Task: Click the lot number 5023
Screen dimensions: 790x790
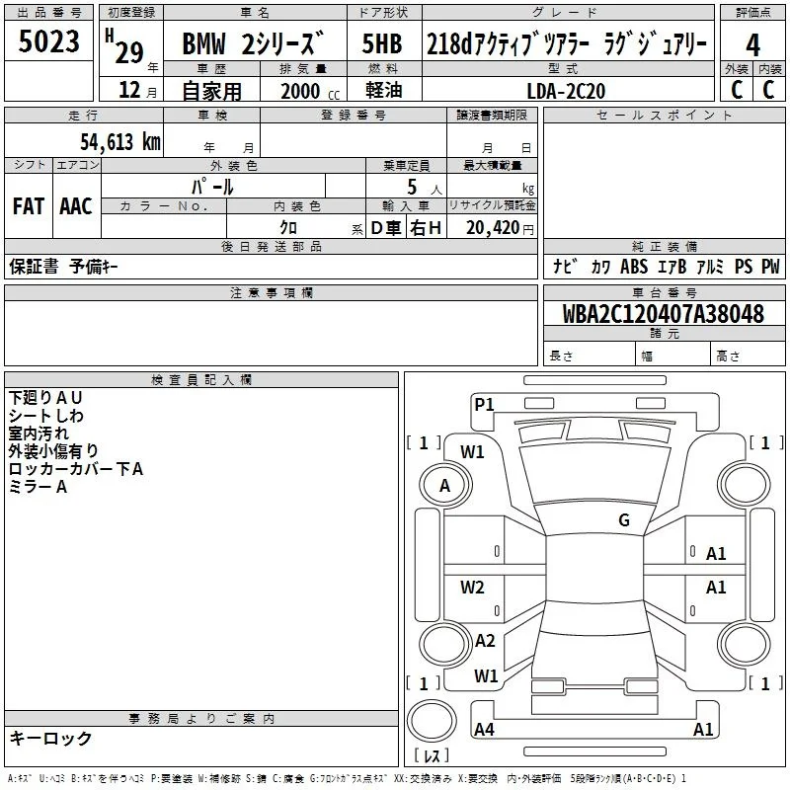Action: pyautogui.click(x=48, y=40)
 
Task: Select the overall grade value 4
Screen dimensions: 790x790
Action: pyautogui.click(x=752, y=44)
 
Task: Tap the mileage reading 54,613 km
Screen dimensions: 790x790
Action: pyautogui.click(x=120, y=141)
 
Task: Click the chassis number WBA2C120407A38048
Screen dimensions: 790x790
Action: pyautogui.click(x=663, y=313)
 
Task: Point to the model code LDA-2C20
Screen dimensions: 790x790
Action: pyautogui.click(x=566, y=91)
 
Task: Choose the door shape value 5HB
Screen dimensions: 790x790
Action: pyautogui.click(x=382, y=43)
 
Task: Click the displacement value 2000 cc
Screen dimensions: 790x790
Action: pyautogui.click(x=310, y=91)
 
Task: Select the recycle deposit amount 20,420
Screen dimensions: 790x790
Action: pyautogui.click(x=492, y=228)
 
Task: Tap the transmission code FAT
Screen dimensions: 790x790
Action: pyautogui.click(x=29, y=206)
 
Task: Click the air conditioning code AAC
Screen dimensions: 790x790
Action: pyautogui.click(x=76, y=206)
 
